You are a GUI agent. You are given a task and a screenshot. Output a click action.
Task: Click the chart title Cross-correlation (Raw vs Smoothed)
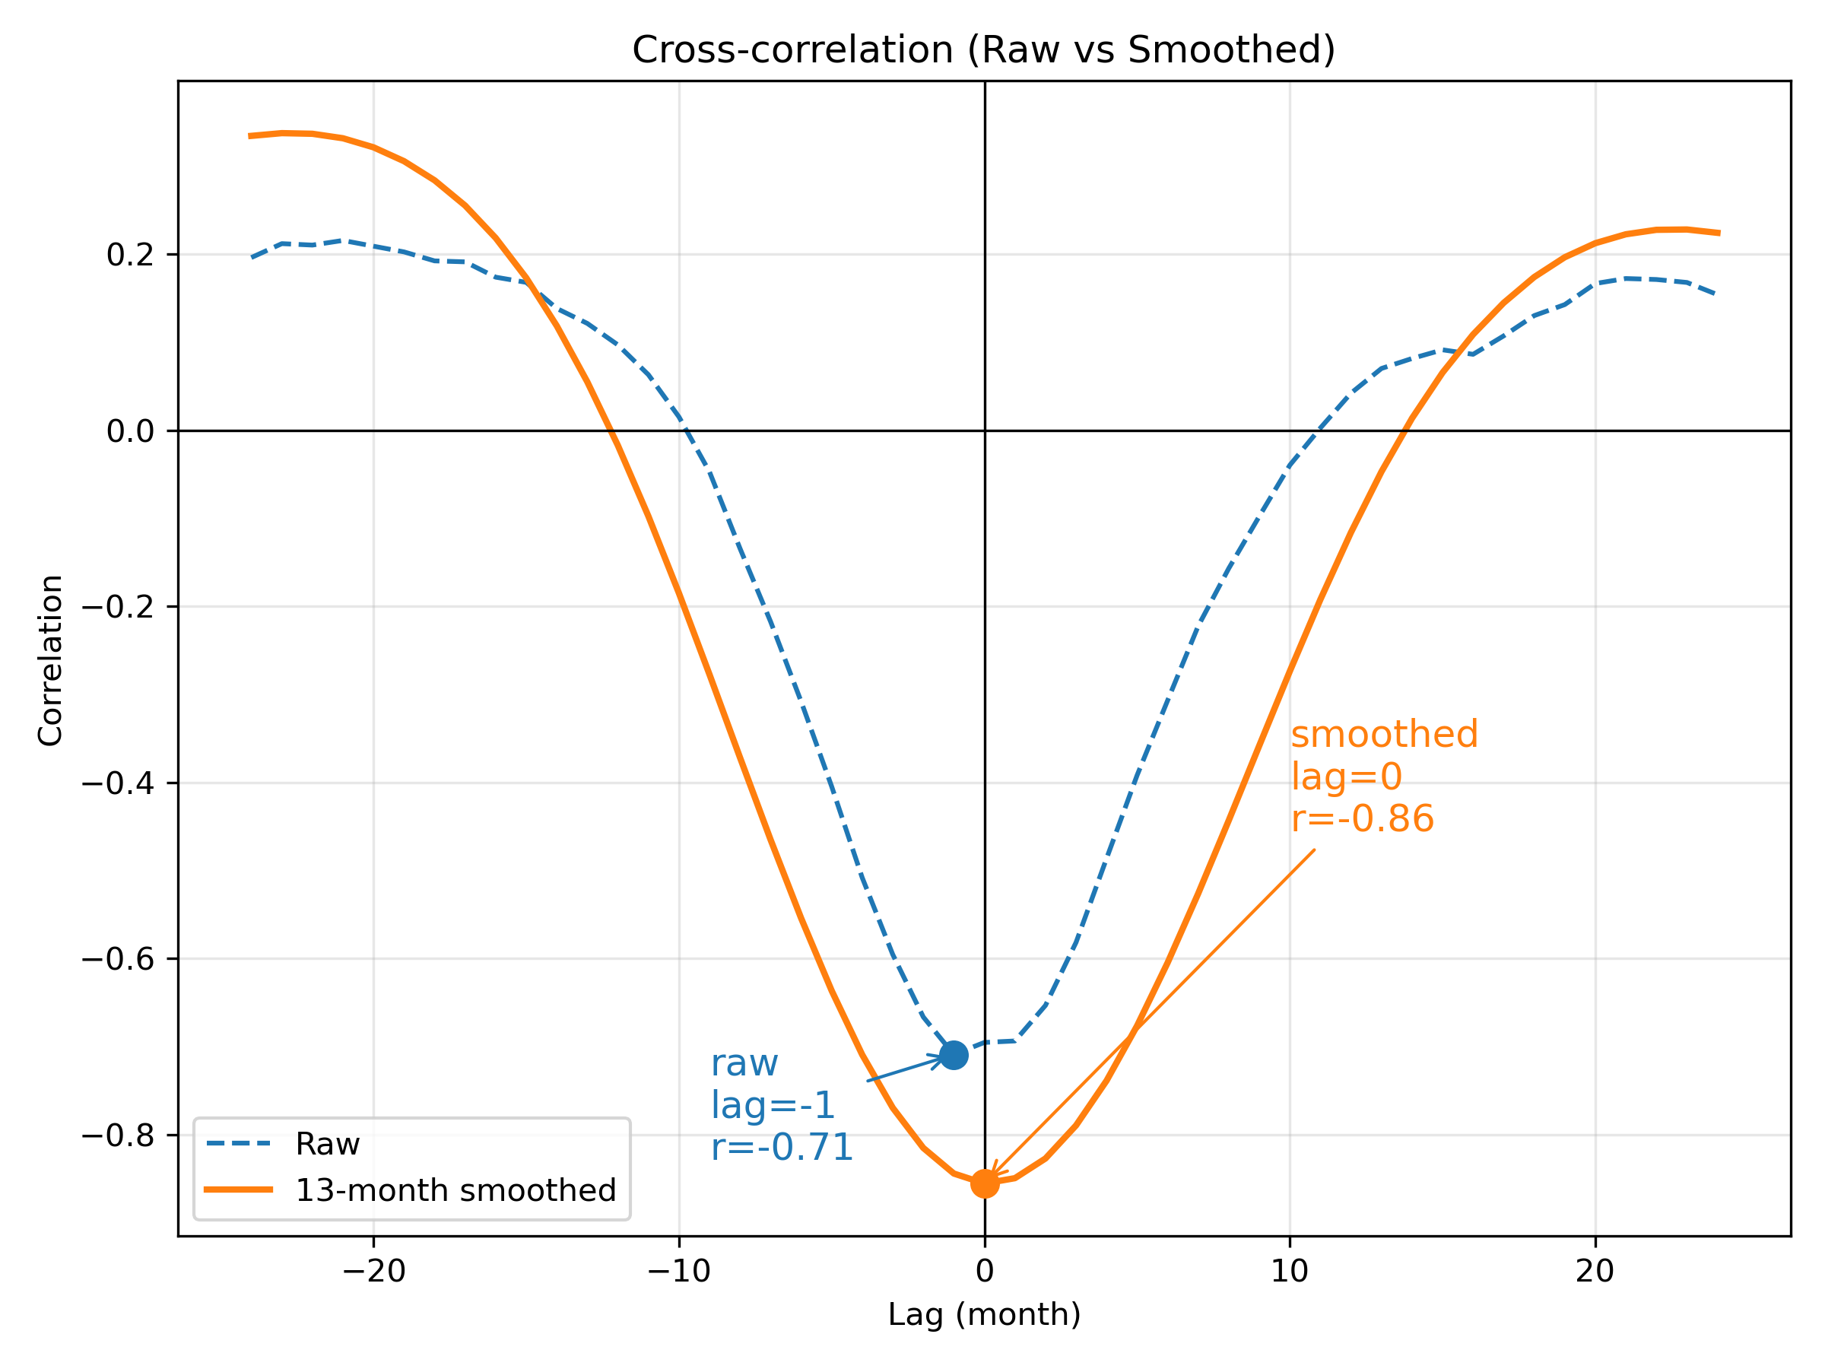tap(983, 50)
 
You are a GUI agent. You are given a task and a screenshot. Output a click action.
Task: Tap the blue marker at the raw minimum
tap(954, 1055)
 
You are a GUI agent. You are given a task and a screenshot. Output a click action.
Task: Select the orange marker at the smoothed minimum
tap(984, 1183)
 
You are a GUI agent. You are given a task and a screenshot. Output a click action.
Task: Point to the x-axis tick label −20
tap(374, 1272)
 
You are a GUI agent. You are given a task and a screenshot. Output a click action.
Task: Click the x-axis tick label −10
tap(679, 1272)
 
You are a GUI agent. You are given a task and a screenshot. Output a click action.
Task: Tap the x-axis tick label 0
tap(984, 1272)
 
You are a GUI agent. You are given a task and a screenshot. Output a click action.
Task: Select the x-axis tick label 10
tap(1290, 1272)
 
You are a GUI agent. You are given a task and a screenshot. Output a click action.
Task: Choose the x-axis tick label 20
tap(1595, 1272)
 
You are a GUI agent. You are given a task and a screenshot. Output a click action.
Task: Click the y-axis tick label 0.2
tap(130, 255)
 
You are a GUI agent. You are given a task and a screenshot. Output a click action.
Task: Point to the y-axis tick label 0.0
tap(130, 431)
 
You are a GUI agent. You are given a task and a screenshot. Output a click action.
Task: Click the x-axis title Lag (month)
tap(984, 1314)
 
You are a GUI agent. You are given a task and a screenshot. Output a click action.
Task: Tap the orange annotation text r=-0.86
tap(1363, 818)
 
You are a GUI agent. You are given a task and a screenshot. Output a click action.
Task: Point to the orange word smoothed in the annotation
tap(1385, 734)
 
